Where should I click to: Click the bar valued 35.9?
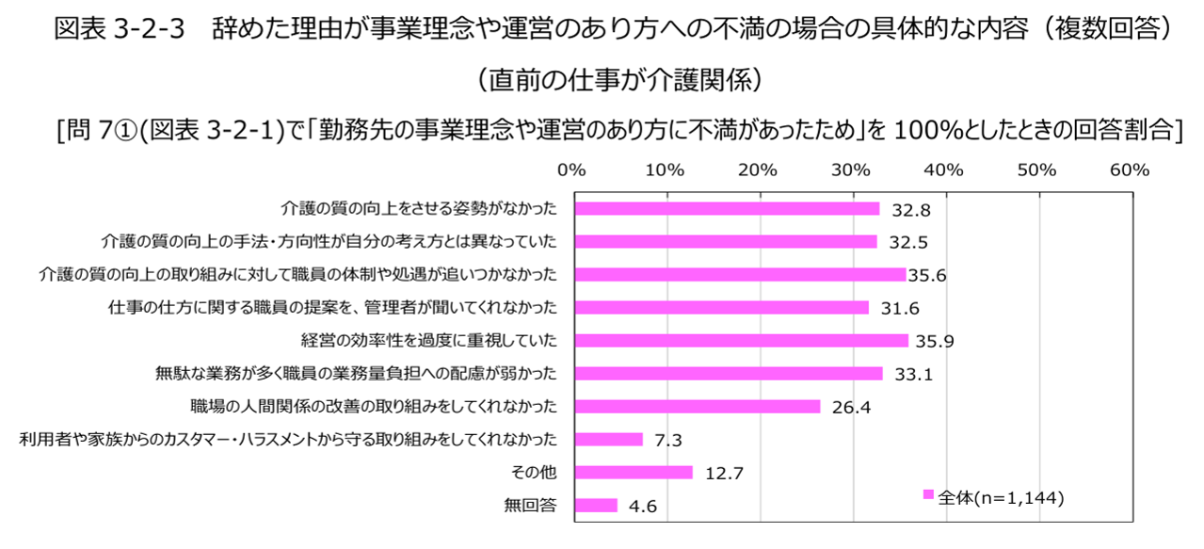click(741, 340)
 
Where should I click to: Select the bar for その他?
click(633, 472)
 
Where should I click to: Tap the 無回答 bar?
click(595, 505)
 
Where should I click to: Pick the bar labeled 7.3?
click(608, 439)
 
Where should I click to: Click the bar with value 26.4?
click(697, 406)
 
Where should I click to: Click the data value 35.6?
click(926, 275)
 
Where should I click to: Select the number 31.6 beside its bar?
click(899, 308)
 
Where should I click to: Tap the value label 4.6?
click(643, 507)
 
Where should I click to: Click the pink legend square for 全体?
click(928, 495)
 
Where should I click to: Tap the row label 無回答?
click(531, 505)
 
